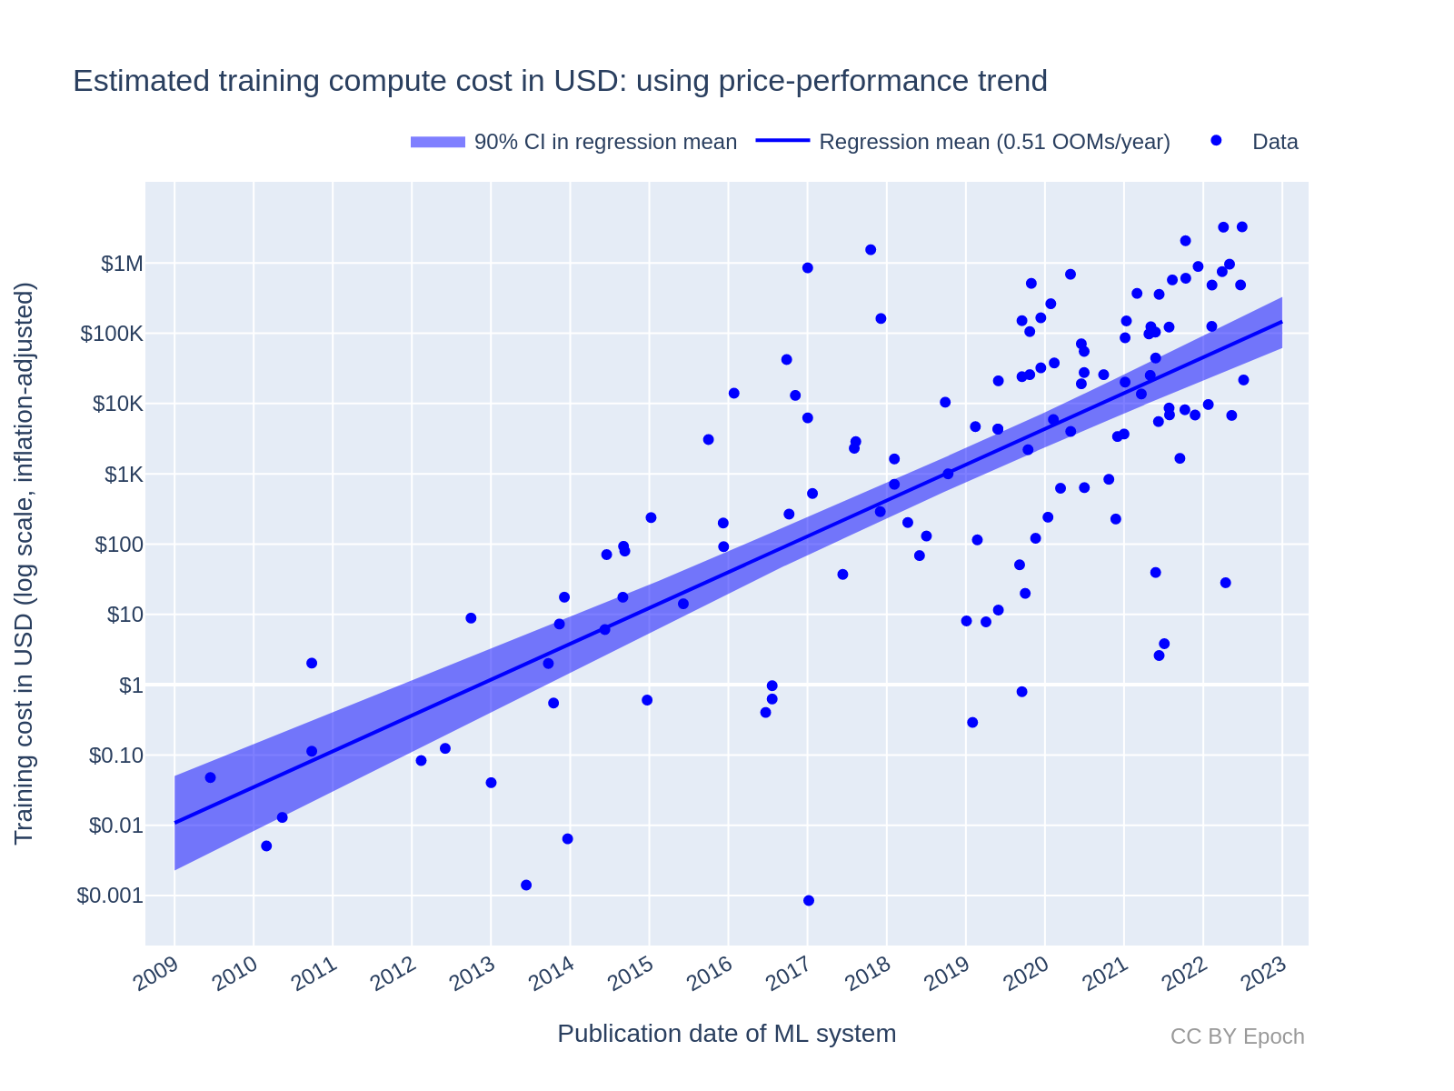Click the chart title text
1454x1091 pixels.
pos(560,81)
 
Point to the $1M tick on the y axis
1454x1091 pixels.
pos(122,264)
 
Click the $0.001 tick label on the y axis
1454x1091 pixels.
pos(110,896)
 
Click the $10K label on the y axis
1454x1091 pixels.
pos(118,404)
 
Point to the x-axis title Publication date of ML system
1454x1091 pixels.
pos(726,1034)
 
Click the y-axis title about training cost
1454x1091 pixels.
pos(25,564)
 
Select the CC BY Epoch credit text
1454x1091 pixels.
pos(1237,1036)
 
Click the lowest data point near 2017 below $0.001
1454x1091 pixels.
pos(809,900)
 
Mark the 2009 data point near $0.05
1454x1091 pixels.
pos(210,777)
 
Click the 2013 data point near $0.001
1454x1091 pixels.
pos(526,885)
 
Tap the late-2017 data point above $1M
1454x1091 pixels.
pos(871,249)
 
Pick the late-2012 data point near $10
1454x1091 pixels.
pos(471,618)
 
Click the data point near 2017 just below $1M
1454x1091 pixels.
pos(807,267)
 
